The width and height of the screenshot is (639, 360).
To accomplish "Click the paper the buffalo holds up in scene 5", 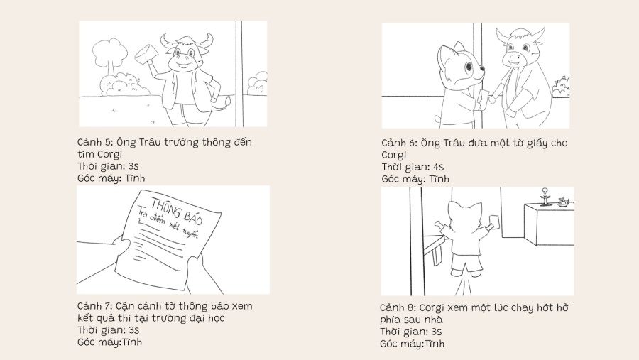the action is coord(147,53).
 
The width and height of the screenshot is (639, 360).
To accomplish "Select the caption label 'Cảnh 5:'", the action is coord(95,142).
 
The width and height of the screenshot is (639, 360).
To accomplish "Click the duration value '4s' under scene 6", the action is coord(439,167).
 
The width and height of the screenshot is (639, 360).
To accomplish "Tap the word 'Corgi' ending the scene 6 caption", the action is coord(393,155).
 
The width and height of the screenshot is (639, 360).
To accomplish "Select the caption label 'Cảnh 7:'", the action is coord(95,306).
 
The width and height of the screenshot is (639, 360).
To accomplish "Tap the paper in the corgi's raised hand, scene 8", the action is coord(495,221).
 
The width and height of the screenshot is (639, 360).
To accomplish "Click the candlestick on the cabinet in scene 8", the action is coord(545,197).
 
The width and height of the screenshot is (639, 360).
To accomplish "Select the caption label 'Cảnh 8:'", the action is coord(398,308).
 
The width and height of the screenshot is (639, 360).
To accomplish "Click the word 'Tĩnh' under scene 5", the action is coord(135,178).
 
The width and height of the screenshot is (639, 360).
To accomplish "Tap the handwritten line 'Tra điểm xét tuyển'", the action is coord(168,224).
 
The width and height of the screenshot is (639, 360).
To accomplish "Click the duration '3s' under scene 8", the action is coord(436,332).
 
